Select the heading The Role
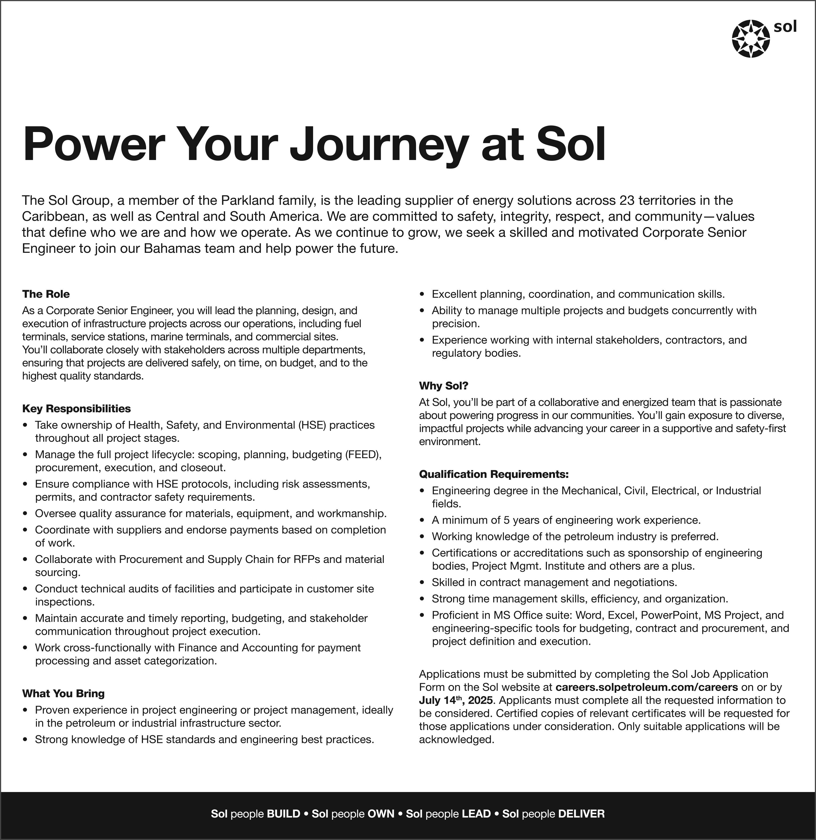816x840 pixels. [46, 294]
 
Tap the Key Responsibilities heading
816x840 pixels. [76, 409]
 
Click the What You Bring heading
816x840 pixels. [63, 693]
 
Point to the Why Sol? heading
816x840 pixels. [443, 386]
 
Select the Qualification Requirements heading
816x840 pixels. [494, 474]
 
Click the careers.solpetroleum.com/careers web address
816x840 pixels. [646, 687]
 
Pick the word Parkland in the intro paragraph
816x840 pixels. [247, 200]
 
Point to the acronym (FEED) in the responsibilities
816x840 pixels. [363, 454]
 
